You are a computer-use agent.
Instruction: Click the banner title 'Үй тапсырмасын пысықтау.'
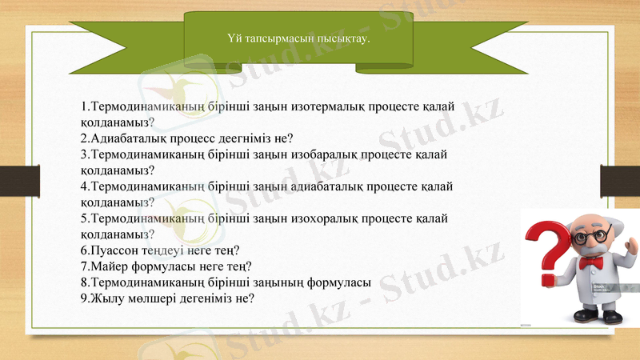coord(299,37)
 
